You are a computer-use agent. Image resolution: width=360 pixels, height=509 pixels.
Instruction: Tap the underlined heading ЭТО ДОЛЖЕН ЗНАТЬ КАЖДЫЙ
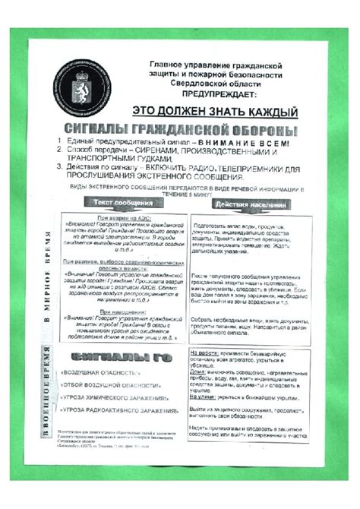click(209, 112)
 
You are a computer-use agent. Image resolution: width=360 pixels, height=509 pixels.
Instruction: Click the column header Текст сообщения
click(125, 203)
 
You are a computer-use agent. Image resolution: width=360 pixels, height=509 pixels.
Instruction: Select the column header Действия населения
click(250, 204)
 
